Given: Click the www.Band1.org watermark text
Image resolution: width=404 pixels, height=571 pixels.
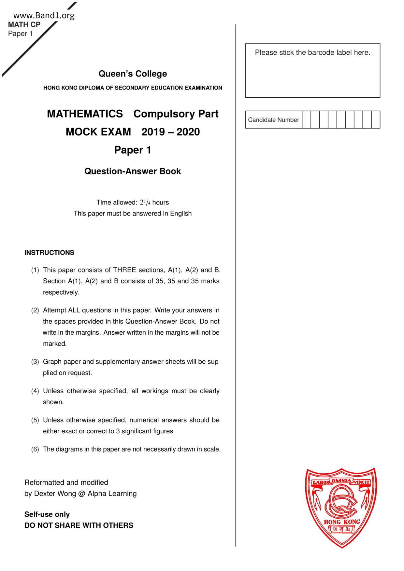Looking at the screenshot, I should (44, 15).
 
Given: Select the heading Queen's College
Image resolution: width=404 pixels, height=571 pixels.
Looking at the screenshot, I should (133, 74).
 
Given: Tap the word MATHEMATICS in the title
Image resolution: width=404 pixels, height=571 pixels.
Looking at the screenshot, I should (85, 114).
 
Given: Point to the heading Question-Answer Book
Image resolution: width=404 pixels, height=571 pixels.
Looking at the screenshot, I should (133, 171).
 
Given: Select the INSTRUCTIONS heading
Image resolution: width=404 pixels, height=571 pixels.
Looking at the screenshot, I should (49, 253).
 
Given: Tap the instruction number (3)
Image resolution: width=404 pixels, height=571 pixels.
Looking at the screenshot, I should (35, 362).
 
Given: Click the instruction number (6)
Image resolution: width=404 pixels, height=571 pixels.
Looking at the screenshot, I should (35, 449).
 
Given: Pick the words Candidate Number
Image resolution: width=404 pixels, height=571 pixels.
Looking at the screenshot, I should (273, 120).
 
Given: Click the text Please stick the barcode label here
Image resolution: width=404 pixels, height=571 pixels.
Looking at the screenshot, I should (312, 52).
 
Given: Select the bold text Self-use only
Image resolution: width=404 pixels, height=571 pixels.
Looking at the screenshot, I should (47, 514).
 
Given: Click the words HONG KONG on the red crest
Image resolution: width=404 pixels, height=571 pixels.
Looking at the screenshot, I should (342, 522).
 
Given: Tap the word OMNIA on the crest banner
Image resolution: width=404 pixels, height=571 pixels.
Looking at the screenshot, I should (341, 480).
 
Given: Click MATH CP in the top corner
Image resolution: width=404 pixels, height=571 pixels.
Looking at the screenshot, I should (24, 25).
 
